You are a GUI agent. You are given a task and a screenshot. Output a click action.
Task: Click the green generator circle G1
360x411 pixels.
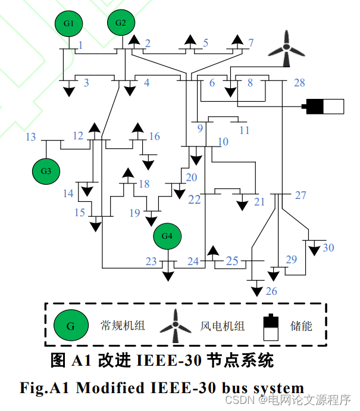click(x=69, y=24)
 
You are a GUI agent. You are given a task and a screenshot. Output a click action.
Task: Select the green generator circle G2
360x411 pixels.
click(x=121, y=23)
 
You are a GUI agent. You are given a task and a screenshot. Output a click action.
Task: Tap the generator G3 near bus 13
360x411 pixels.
click(x=46, y=171)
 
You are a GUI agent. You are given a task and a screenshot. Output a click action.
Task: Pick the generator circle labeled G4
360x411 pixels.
click(x=167, y=236)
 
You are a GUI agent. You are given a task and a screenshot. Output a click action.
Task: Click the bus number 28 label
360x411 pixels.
click(x=299, y=82)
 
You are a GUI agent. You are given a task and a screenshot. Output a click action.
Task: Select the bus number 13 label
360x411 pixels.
click(x=31, y=138)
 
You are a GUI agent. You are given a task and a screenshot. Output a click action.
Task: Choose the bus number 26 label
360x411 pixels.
click(x=271, y=291)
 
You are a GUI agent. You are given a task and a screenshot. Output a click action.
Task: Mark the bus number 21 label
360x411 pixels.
click(x=259, y=202)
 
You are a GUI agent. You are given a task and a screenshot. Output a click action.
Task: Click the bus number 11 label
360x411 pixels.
click(x=245, y=130)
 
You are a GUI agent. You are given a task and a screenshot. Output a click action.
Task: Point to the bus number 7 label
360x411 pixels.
click(x=251, y=43)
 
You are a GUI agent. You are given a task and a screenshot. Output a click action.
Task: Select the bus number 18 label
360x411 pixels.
click(x=145, y=184)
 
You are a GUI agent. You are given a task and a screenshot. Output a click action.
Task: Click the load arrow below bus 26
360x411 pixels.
click(x=256, y=290)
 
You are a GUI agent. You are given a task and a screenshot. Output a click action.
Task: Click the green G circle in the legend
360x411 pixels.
click(x=70, y=326)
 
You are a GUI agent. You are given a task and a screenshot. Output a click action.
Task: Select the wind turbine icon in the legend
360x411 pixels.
click(x=176, y=326)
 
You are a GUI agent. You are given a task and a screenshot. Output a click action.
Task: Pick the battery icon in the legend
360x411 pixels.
click(x=271, y=326)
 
